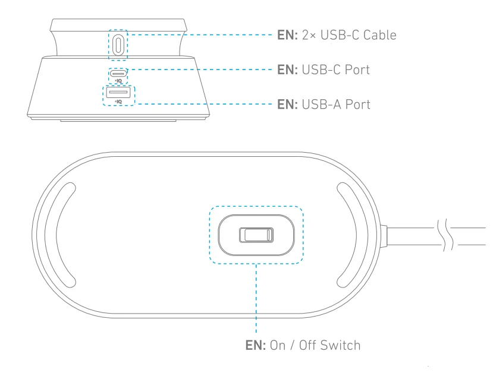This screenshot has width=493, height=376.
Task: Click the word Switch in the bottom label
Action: [342, 344]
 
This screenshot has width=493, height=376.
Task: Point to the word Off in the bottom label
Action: [310, 344]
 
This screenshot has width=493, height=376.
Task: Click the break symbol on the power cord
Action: [445, 235]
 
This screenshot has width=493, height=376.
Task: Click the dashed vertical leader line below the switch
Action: [256, 297]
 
